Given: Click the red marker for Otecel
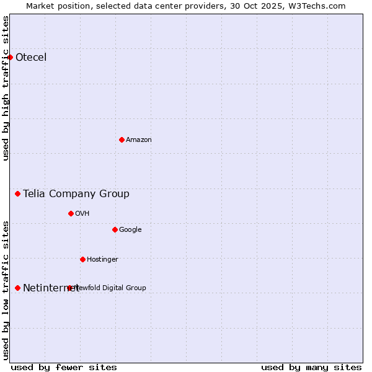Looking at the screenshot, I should (11, 58).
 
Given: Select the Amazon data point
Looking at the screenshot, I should (122, 139).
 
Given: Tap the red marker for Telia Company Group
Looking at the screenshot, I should (18, 194).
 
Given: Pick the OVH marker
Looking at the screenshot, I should (71, 213).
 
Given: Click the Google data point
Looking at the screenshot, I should (115, 229).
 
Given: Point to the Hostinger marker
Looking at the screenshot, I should (82, 259).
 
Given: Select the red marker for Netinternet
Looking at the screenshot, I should (18, 288).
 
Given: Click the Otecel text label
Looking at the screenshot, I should (31, 58).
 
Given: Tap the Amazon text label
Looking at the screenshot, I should (139, 139).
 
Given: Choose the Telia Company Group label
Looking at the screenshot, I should (76, 194).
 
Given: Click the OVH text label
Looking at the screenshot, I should (82, 213).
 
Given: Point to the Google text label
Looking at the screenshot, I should (130, 229).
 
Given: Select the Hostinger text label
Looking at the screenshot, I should (102, 259).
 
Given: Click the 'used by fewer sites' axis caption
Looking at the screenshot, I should (64, 367).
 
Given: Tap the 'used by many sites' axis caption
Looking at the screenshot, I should (311, 367).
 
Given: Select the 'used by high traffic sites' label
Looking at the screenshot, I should (6, 88).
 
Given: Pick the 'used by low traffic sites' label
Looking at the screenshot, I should (6, 290).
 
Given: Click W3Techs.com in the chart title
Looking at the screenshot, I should (320, 6).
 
